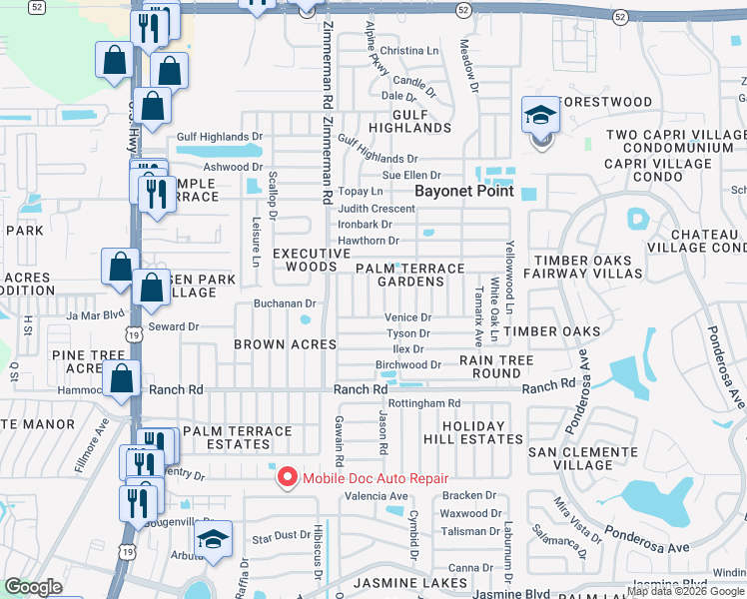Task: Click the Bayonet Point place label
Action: (x=464, y=191)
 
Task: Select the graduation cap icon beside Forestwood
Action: (x=540, y=116)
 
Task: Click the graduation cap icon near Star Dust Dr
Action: (x=213, y=540)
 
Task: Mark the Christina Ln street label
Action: (x=409, y=51)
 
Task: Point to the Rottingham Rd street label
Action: (x=423, y=403)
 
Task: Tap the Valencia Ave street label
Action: (x=375, y=496)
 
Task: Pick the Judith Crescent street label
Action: (x=375, y=209)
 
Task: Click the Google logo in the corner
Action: (x=34, y=587)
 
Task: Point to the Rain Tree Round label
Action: (x=495, y=366)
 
